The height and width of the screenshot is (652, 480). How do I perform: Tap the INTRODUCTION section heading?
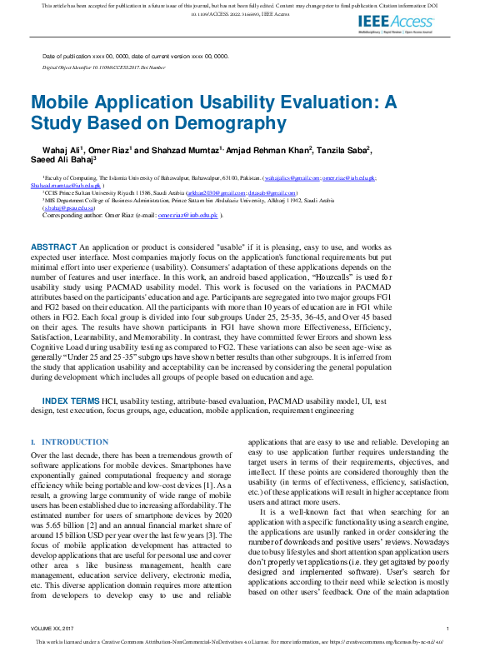coord(74,442)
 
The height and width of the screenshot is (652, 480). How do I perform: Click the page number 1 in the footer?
coord(448,628)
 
